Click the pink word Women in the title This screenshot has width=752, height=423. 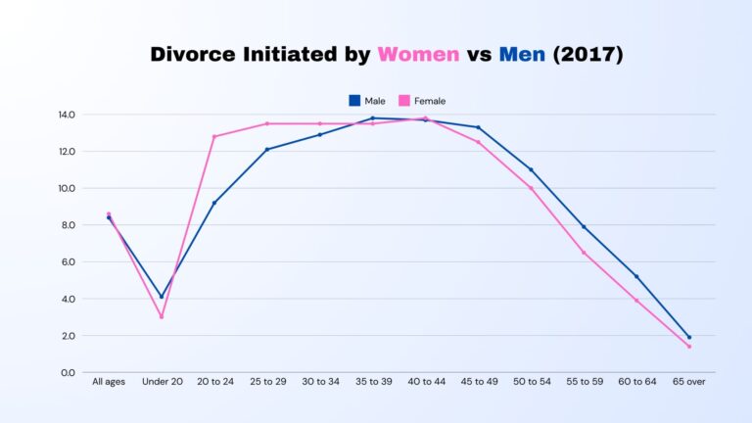point(418,55)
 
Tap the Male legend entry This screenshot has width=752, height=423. point(367,101)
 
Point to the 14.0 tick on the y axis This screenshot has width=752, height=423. point(67,115)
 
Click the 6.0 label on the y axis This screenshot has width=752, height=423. point(67,261)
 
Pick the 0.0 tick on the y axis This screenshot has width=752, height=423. point(67,372)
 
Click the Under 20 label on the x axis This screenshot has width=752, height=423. point(162,380)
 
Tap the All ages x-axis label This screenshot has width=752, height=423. point(109,380)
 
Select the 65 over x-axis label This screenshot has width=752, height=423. point(688,380)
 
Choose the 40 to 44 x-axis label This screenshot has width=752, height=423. point(425,380)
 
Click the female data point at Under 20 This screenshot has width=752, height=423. point(162,316)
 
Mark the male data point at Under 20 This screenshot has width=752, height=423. point(162,297)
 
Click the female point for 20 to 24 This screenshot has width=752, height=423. point(214,136)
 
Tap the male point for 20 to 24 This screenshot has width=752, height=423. point(214,203)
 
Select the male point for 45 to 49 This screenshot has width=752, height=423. point(478,127)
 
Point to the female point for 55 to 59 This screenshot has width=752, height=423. point(584,253)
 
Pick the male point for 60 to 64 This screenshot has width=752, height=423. point(636,276)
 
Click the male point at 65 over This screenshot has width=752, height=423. point(688,337)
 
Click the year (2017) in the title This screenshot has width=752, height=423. point(587,55)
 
